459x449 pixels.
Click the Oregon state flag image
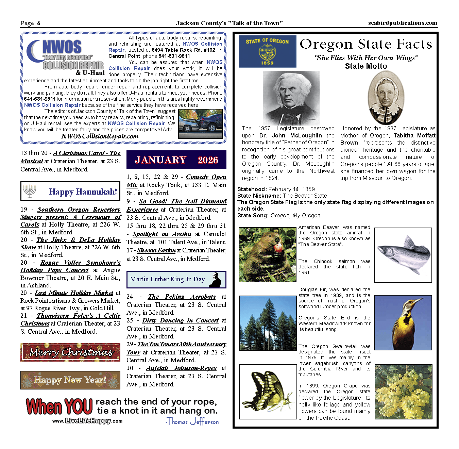(x=267, y=51)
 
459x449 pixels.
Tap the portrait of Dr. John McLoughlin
(x=291, y=98)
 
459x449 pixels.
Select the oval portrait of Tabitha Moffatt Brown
(x=386, y=98)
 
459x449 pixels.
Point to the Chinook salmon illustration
(x=403, y=255)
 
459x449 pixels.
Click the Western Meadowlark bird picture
(x=403, y=322)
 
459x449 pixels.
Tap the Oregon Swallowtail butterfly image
(x=268, y=392)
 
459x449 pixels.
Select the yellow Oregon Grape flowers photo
(x=403, y=392)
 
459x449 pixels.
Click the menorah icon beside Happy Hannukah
(x=30, y=191)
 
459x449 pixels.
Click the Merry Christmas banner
(x=70, y=352)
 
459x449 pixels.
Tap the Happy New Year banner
(x=70, y=380)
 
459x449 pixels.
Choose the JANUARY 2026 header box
(x=176, y=160)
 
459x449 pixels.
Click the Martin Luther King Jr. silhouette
(x=215, y=280)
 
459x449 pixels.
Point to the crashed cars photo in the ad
(x=200, y=124)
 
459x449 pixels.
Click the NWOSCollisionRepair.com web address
(x=100, y=136)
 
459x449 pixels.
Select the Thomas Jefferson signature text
(x=192, y=422)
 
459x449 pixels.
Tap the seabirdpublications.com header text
(x=403, y=23)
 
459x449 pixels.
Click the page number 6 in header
(x=39, y=23)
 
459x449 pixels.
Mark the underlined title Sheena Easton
(x=156, y=250)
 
